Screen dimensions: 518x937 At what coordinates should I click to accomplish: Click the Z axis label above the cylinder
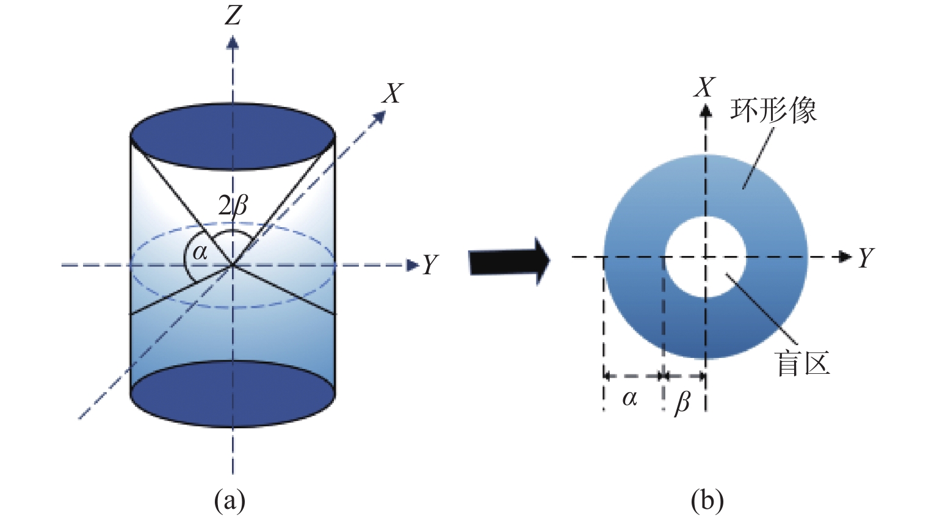[x=233, y=15]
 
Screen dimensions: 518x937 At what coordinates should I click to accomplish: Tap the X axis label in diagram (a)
[x=392, y=93]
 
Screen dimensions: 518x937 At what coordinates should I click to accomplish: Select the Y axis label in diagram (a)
[x=430, y=265]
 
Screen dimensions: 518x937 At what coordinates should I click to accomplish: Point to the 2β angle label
[x=234, y=206]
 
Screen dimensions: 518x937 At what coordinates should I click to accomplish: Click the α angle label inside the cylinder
[x=200, y=252]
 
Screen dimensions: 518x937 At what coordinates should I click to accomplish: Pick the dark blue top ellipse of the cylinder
[x=233, y=136]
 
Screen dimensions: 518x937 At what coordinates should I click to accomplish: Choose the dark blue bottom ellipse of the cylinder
[x=233, y=394]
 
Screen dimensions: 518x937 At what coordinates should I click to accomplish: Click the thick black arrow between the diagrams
[x=509, y=261]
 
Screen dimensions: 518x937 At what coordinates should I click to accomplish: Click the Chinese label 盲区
[x=803, y=363]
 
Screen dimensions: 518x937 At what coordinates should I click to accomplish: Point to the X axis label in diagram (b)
[x=704, y=87]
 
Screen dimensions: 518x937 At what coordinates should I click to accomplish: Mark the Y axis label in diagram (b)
[x=866, y=258]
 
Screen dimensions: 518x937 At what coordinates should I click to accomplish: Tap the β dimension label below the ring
[x=682, y=403]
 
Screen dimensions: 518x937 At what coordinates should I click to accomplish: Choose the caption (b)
[x=707, y=500]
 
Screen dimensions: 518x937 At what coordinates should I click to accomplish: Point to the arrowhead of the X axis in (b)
[x=706, y=110]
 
